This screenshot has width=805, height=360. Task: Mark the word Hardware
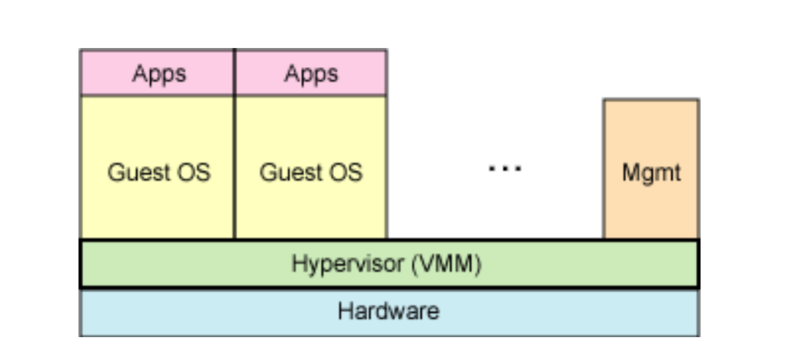[x=389, y=311]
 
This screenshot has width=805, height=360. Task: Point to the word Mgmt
[x=650, y=172]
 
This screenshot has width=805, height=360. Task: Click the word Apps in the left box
[x=159, y=74]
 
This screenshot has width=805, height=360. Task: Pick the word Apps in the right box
[x=311, y=74]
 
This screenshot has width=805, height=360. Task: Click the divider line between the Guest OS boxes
[x=234, y=168]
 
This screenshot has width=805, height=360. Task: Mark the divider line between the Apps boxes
[x=234, y=72]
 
